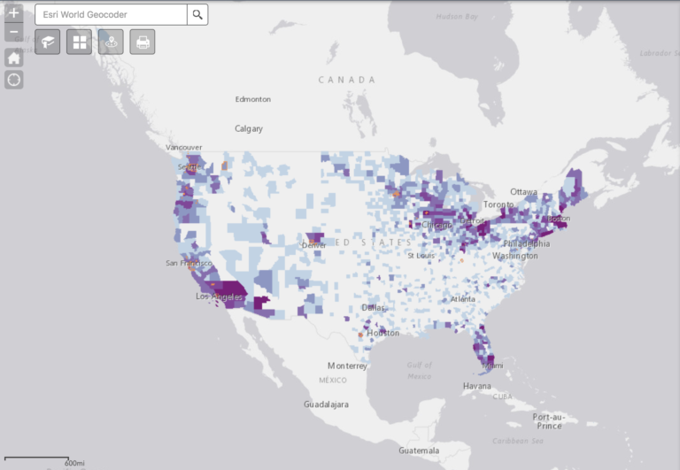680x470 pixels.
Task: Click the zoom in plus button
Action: pyautogui.click(x=14, y=13)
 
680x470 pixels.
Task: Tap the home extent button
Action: pyautogui.click(x=14, y=58)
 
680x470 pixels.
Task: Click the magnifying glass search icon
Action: pyautogui.click(x=197, y=14)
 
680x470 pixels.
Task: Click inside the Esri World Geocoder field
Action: pyautogui.click(x=111, y=14)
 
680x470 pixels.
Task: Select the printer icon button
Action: pyautogui.click(x=142, y=42)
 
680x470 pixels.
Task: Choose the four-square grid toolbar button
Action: pyautogui.click(x=79, y=42)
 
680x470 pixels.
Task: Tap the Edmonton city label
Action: pyautogui.click(x=252, y=99)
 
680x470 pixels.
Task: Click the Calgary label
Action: pyautogui.click(x=249, y=128)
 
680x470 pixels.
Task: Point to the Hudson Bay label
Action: pyautogui.click(x=458, y=17)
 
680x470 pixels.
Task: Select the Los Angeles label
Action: pyautogui.click(x=220, y=297)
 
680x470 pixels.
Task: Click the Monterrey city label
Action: pyautogui.click(x=347, y=366)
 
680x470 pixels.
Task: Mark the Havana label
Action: pyautogui.click(x=477, y=386)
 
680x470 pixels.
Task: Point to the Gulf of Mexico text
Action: pyautogui.click(x=420, y=370)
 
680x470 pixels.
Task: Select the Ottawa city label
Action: pyautogui.click(x=524, y=192)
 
